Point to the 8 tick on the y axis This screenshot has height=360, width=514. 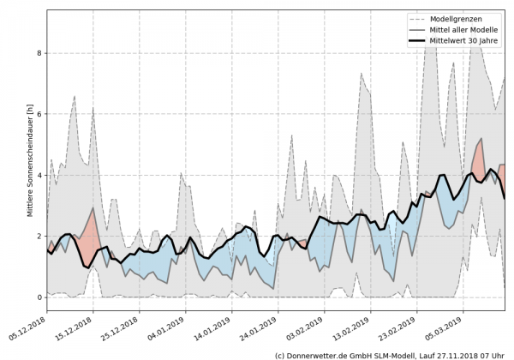click(x=39, y=53)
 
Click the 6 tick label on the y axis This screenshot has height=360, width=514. click(x=39, y=114)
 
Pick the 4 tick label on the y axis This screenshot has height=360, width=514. click(x=39, y=175)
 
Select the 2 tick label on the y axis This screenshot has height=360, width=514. click(x=39, y=236)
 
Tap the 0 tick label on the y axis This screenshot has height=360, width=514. click(x=39, y=297)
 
